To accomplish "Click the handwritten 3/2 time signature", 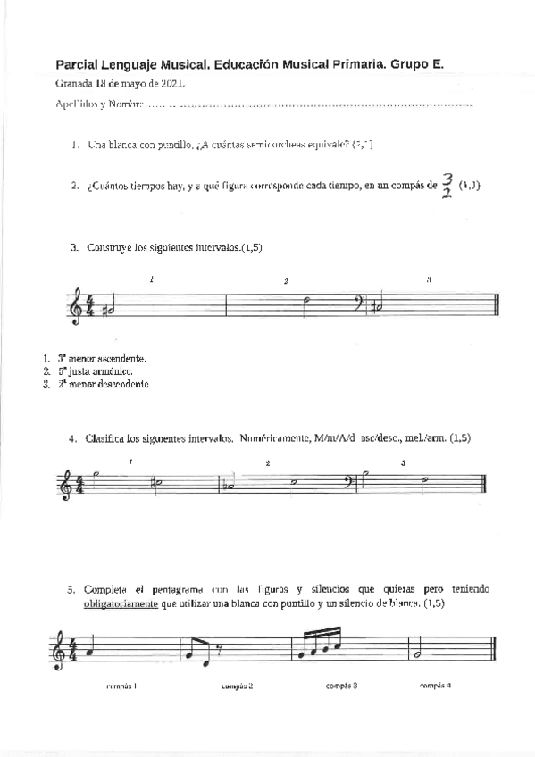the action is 447,187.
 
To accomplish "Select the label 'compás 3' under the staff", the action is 341,685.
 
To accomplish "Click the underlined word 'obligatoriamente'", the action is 121,603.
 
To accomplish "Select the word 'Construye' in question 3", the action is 108,247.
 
